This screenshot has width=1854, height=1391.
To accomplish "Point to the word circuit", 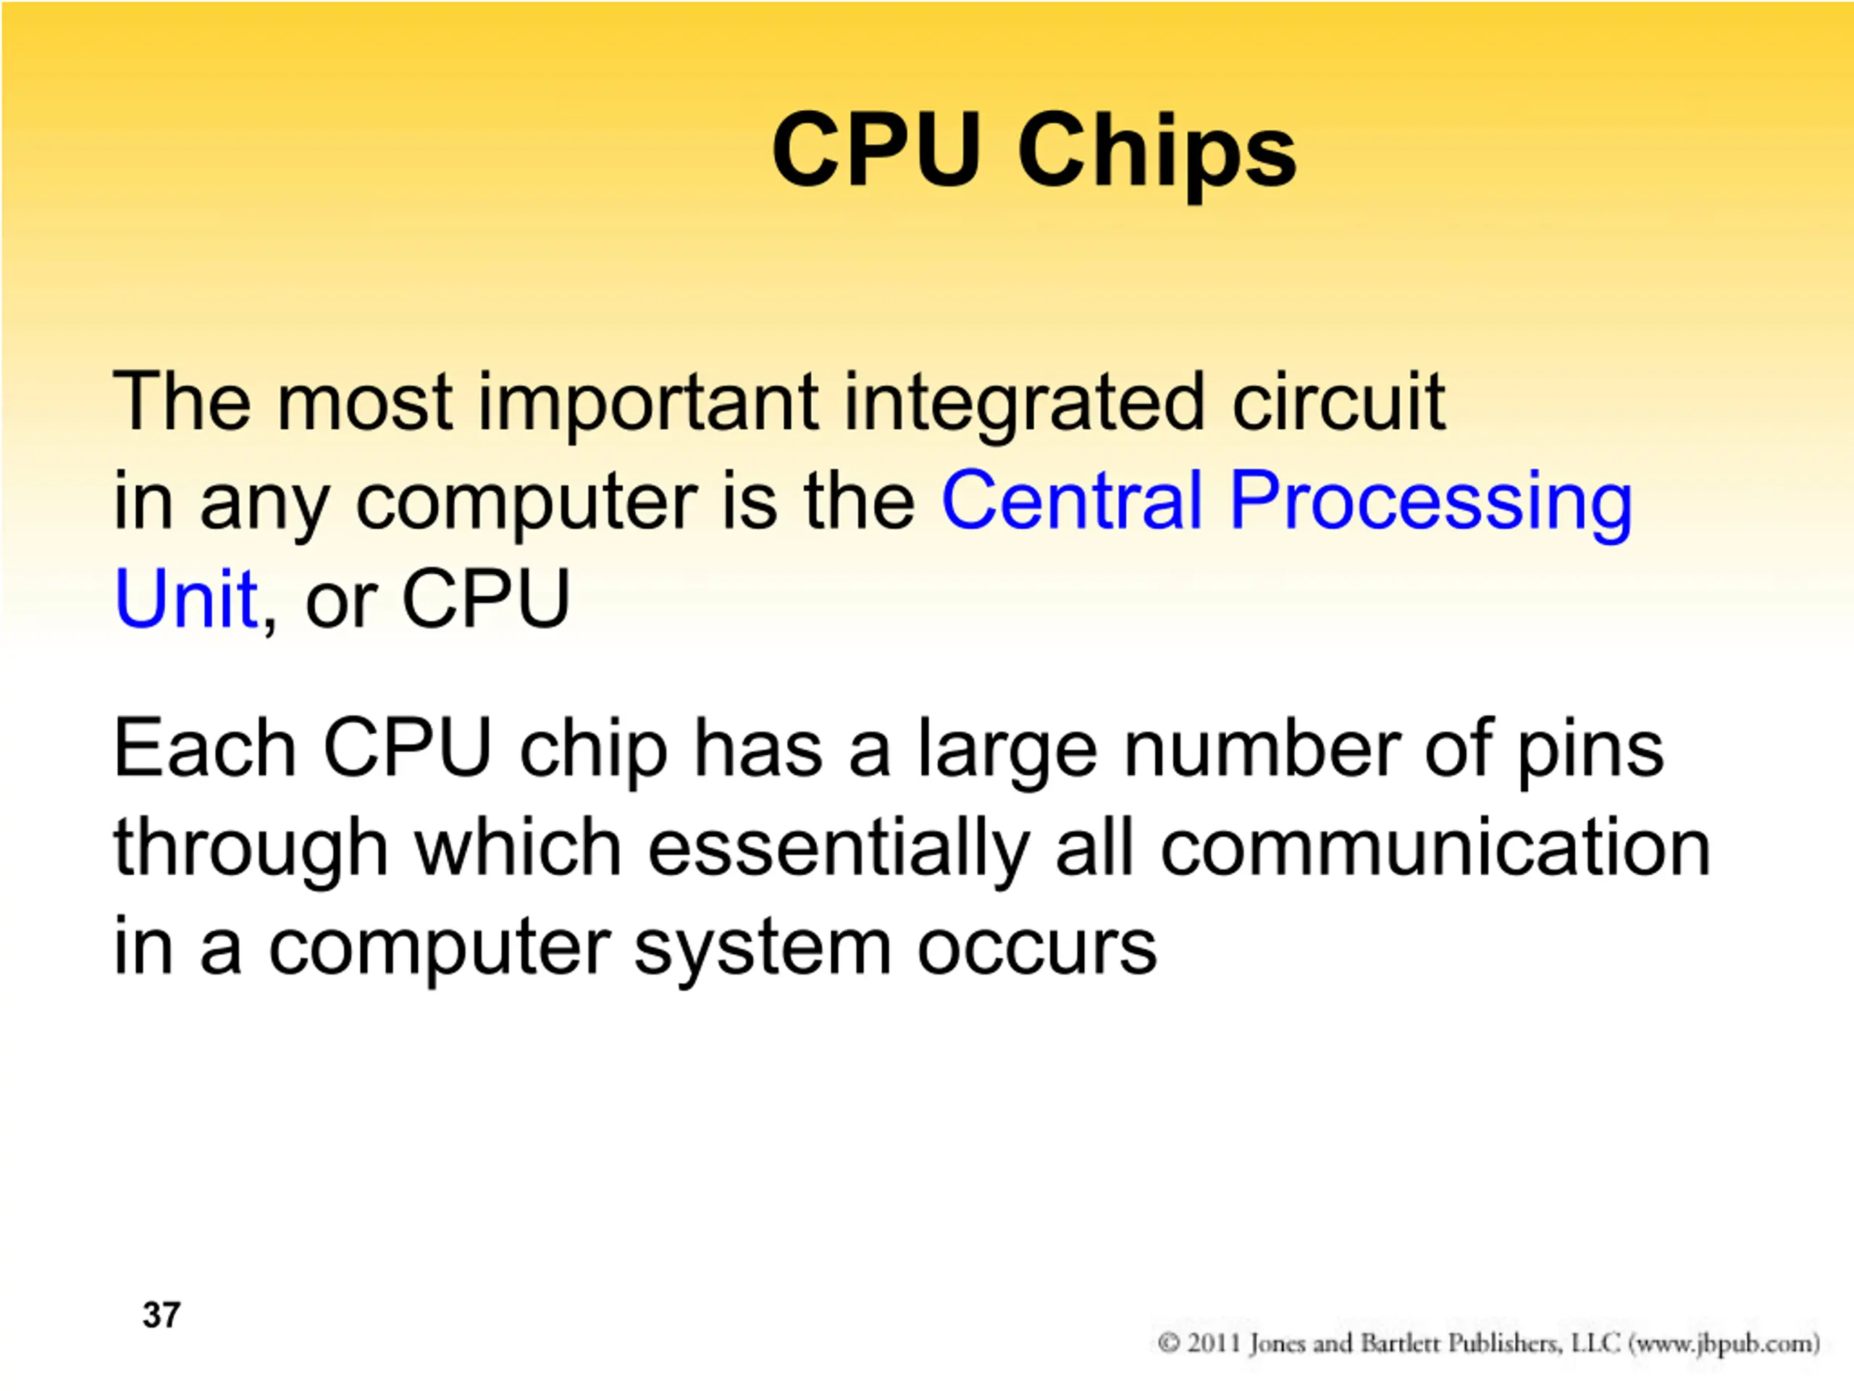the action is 1338,401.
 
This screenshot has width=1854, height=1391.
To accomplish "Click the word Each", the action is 204,748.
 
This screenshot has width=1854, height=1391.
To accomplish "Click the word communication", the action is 1435,848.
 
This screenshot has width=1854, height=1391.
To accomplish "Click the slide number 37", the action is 161,1315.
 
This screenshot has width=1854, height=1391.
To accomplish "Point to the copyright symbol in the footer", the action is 1169,1343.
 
